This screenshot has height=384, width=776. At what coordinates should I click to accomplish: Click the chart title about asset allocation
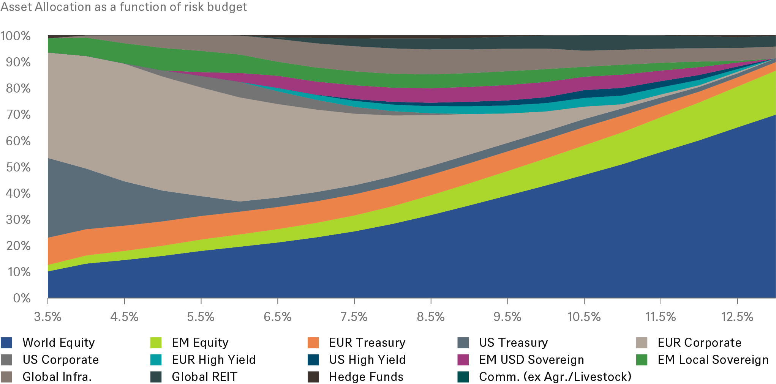tap(123, 7)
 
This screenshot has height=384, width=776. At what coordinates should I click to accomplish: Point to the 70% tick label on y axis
tap(18, 114)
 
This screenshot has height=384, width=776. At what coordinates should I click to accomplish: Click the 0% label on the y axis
tap(21, 298)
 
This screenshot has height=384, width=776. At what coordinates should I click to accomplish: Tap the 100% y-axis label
tap(15, 36)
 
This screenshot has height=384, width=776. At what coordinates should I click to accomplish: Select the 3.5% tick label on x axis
tap(47, 316)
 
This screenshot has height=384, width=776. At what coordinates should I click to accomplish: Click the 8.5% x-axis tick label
tap(430, 316)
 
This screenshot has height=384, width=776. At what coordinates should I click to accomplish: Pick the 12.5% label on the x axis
tap(737, 316)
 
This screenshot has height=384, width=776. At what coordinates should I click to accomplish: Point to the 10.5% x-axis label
tap(584, 316)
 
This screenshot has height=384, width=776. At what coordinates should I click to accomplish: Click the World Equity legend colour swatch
tap(6, 343)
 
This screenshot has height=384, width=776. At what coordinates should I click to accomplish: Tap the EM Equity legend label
tap(200, 343)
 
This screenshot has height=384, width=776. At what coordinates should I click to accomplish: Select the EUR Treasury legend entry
tap(367, 343)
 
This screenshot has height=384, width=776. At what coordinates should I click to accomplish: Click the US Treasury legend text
tap(513, 343)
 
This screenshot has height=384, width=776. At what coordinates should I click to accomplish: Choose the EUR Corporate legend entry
tap(699, 343)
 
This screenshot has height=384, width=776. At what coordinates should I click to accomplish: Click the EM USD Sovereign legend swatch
tap(463, 360)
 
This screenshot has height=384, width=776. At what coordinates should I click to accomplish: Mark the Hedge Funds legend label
tap(366, 377)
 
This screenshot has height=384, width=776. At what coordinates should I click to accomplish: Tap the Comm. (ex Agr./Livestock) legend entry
tap(555, 377)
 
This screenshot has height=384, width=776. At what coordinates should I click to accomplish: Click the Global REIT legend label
tap(204, 377)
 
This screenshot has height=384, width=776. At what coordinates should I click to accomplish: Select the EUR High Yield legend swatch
tap(156, 360)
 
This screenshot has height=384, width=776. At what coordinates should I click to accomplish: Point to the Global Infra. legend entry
tap(57, 377)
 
